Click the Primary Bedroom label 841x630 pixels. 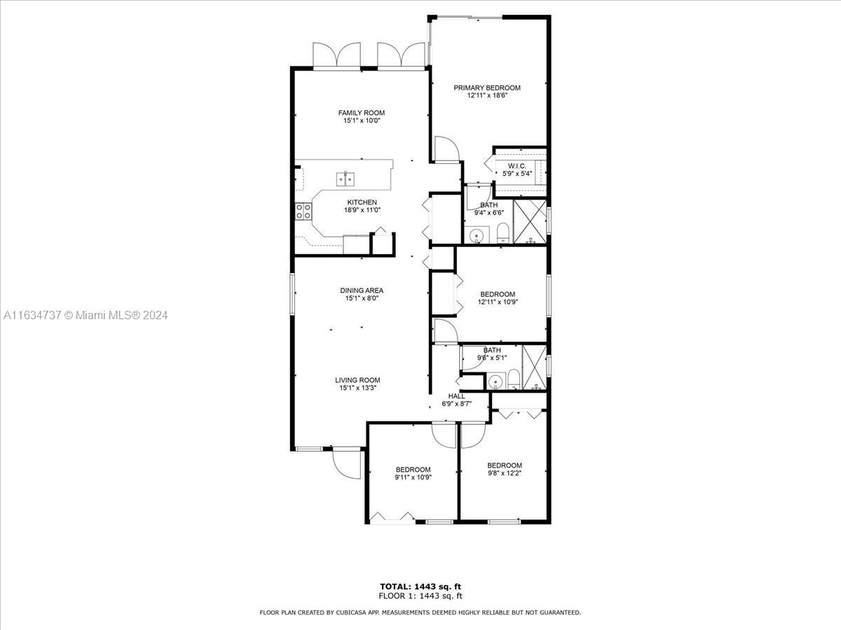487,87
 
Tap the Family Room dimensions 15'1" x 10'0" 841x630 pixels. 362,121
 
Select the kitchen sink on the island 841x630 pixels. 346,178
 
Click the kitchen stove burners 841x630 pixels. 303,211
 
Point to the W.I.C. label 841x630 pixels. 517,166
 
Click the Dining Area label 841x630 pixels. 362,290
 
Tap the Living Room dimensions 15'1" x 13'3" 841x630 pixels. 358,388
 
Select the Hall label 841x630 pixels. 457,396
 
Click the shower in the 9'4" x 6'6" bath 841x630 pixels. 530,221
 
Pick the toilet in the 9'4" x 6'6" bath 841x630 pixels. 502,233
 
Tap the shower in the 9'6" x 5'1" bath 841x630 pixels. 535,367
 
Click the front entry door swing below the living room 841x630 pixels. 346,463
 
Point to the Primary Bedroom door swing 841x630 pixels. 446,149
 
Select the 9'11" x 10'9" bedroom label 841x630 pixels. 413,470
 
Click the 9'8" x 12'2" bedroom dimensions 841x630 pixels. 505,473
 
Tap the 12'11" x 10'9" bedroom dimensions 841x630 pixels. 498,302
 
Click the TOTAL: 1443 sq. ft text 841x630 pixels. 420,587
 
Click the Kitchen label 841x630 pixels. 362,202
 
